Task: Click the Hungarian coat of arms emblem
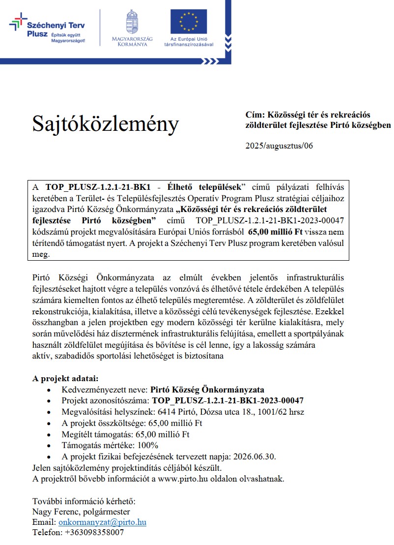(x=132, y=22)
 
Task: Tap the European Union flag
(x=189, y=22)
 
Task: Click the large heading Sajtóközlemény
(x=106, y=124)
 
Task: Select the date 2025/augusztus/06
(x=279, y=146)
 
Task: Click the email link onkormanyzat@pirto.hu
(x=102, y=522)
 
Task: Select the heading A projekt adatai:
(x=65, y=379)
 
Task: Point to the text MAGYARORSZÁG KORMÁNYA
(x=132, y=42)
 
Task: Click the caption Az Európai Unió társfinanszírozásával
(x=189, y=42)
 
